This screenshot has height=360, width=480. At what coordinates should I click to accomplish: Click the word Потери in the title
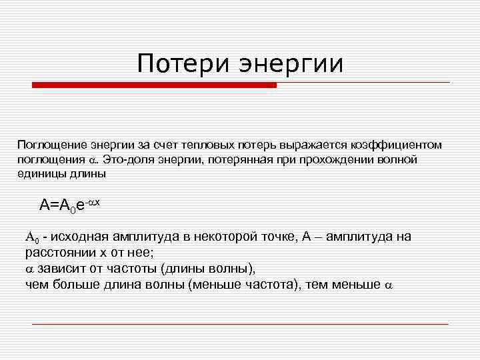[x=175, y=65]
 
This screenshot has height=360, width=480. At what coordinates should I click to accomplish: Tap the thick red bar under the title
[x=154, y=85]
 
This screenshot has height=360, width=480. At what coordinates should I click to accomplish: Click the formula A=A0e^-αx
[x=69, y=204]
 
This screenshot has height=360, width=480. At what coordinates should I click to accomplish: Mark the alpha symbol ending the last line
[x=389, y=285]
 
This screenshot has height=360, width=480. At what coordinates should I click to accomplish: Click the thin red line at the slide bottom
[x=240, y=324]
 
